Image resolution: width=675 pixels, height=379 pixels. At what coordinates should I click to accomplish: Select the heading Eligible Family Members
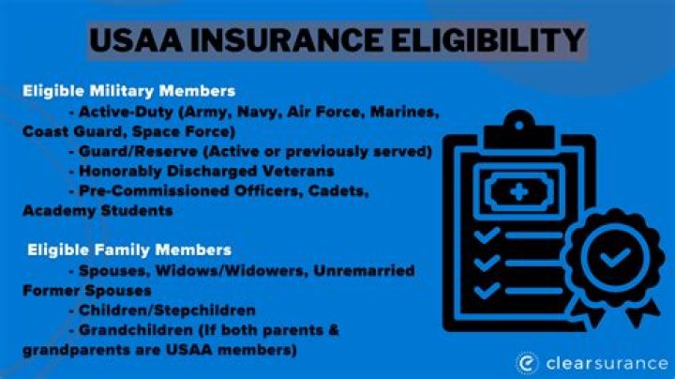click(x=129, y=250)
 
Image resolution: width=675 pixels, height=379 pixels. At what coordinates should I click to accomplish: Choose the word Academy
click(x=59, y=211)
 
